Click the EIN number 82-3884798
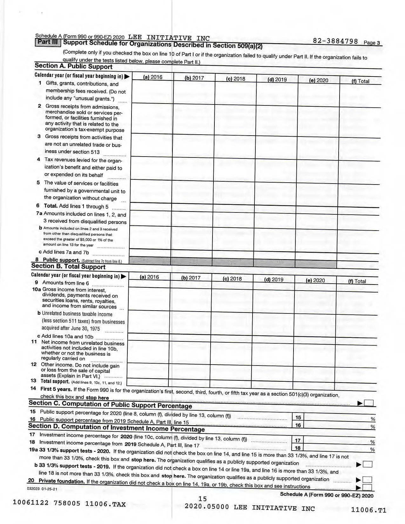coord(335,41)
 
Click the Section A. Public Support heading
coord(73,66)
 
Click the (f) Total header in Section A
coord(360,81)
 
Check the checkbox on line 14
coord(368,403)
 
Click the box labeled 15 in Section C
coord(298,418)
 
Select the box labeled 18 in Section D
coord(298,448)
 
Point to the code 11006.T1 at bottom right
coord(368,510)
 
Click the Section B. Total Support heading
coord(68,267)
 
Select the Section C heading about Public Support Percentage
coord(110,404)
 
